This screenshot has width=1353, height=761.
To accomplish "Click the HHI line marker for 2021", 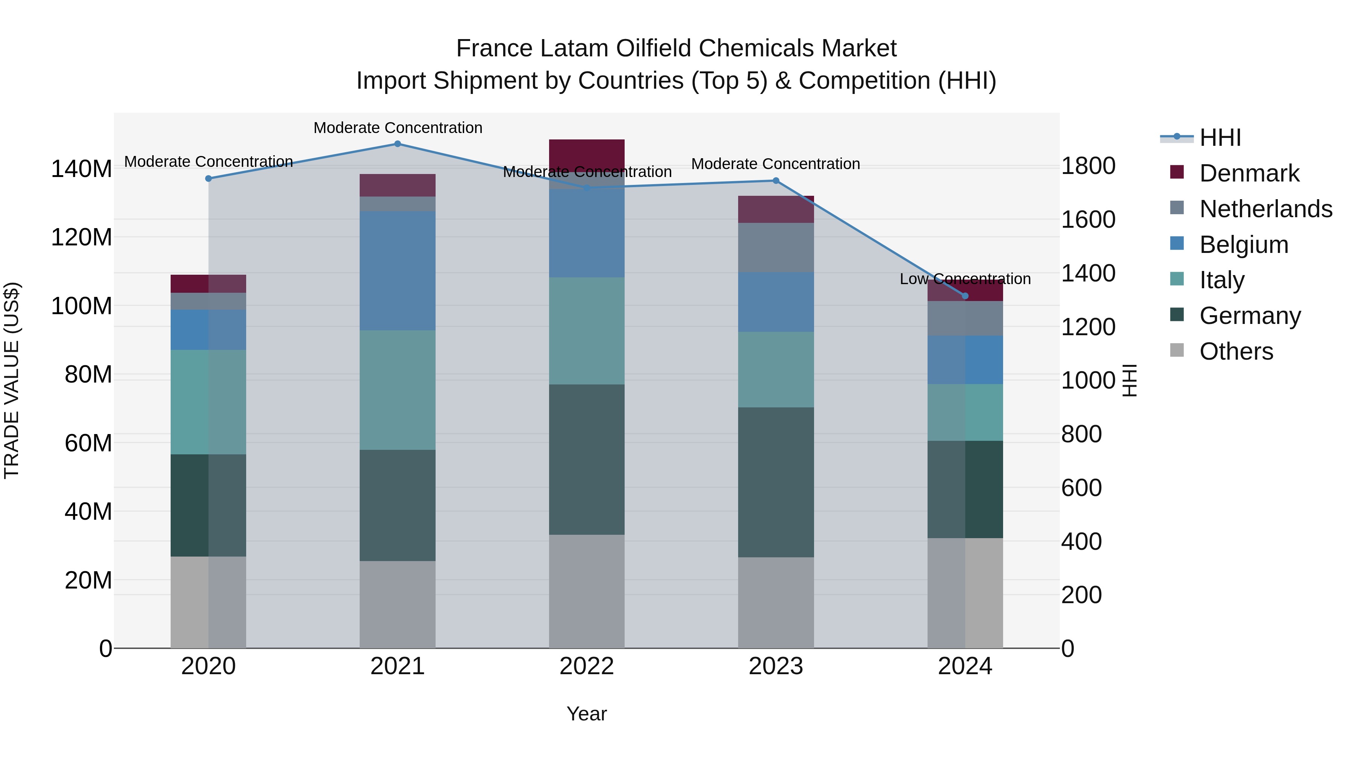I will tap(398, 144).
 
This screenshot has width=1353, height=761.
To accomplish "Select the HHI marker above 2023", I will tap(776, 181).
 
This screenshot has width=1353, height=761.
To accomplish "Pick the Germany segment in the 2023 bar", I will tap(776, 482).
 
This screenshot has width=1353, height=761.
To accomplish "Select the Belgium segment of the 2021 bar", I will tap(398, 271).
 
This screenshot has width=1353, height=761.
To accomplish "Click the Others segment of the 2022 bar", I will tap(587, 592).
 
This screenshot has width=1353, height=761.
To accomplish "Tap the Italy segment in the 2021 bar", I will tap(398, 390).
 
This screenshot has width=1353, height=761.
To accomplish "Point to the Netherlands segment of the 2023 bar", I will tap(776, 247).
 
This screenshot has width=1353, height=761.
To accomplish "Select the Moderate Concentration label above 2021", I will tap(398, 128).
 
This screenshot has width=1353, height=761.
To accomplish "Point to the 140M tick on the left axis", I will tap(82, 169).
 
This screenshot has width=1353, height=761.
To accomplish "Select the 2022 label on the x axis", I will tap(587, 666).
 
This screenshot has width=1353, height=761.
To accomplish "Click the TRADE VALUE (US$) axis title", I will tap(12, 380).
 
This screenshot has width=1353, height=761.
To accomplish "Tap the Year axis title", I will tap(587, 714).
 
